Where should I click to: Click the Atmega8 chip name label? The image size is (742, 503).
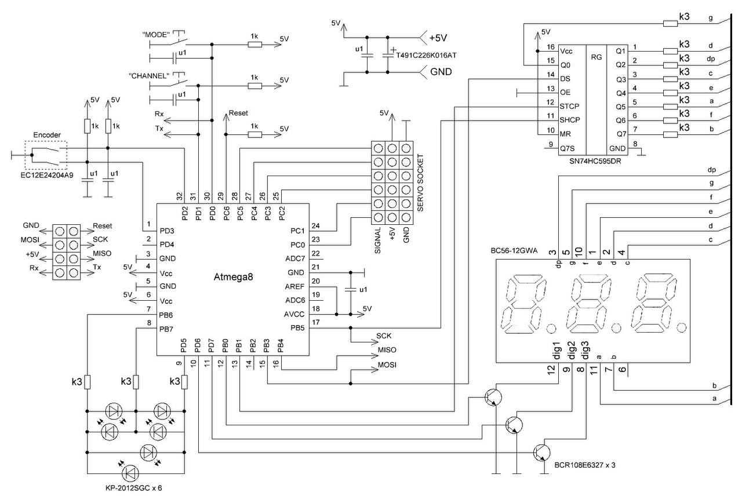(233, 277)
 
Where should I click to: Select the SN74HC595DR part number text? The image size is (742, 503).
(595, 162)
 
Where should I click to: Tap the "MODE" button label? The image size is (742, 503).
(156, 34)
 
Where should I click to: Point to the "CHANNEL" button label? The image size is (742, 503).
(149, 76)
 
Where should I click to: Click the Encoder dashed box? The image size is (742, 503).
(46, 155)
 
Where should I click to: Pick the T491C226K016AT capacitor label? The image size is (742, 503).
(426, 55)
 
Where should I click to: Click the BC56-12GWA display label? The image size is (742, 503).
(514, 251)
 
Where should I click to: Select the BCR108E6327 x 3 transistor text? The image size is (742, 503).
(585, 465)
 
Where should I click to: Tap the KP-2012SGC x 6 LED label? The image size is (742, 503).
(133, 488)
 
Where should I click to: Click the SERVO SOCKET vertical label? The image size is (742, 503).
(420, 183)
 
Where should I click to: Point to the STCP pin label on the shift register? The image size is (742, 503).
(569, 106)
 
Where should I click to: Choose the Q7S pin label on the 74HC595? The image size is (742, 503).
(567, 148)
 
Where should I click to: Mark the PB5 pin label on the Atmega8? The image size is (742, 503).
(297, 328)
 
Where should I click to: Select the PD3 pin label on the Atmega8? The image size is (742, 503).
(167, 231)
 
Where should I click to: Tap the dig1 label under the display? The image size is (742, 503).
(556, 351)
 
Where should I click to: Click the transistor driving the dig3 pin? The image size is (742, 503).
(542, 453)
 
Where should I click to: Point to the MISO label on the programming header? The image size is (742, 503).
(102, 253)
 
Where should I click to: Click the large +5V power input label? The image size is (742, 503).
(438, 38)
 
